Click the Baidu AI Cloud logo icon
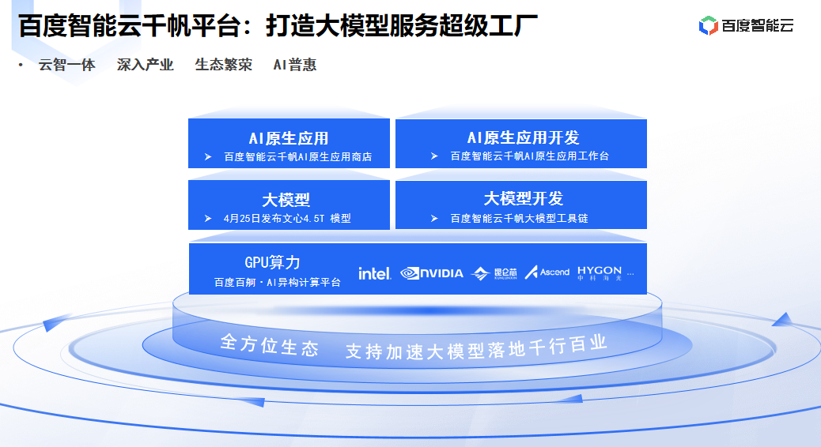click(x=708, y=26)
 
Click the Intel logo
click(x=374, y=273)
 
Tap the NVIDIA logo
click(x=432, y=273)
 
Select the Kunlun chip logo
click(x=494, y=273)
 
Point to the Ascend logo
click(x=547, y=272)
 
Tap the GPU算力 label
click(x=272, y=262)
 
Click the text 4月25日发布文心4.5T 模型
click(x=287, y=219)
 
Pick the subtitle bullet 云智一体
click(x=66, y=66)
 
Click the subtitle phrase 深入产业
click(x=145, y=66)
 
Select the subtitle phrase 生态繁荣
click(x=223, y=66)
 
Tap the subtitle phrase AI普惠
click(x=294, y=66)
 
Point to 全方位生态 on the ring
click(x=269, y=346)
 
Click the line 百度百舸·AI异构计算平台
click(x=277, y=283)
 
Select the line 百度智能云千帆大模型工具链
click(x=519, y=219)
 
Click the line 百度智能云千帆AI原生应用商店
click(x=297, y=157)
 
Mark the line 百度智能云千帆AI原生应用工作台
click(x=529, y=156)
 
